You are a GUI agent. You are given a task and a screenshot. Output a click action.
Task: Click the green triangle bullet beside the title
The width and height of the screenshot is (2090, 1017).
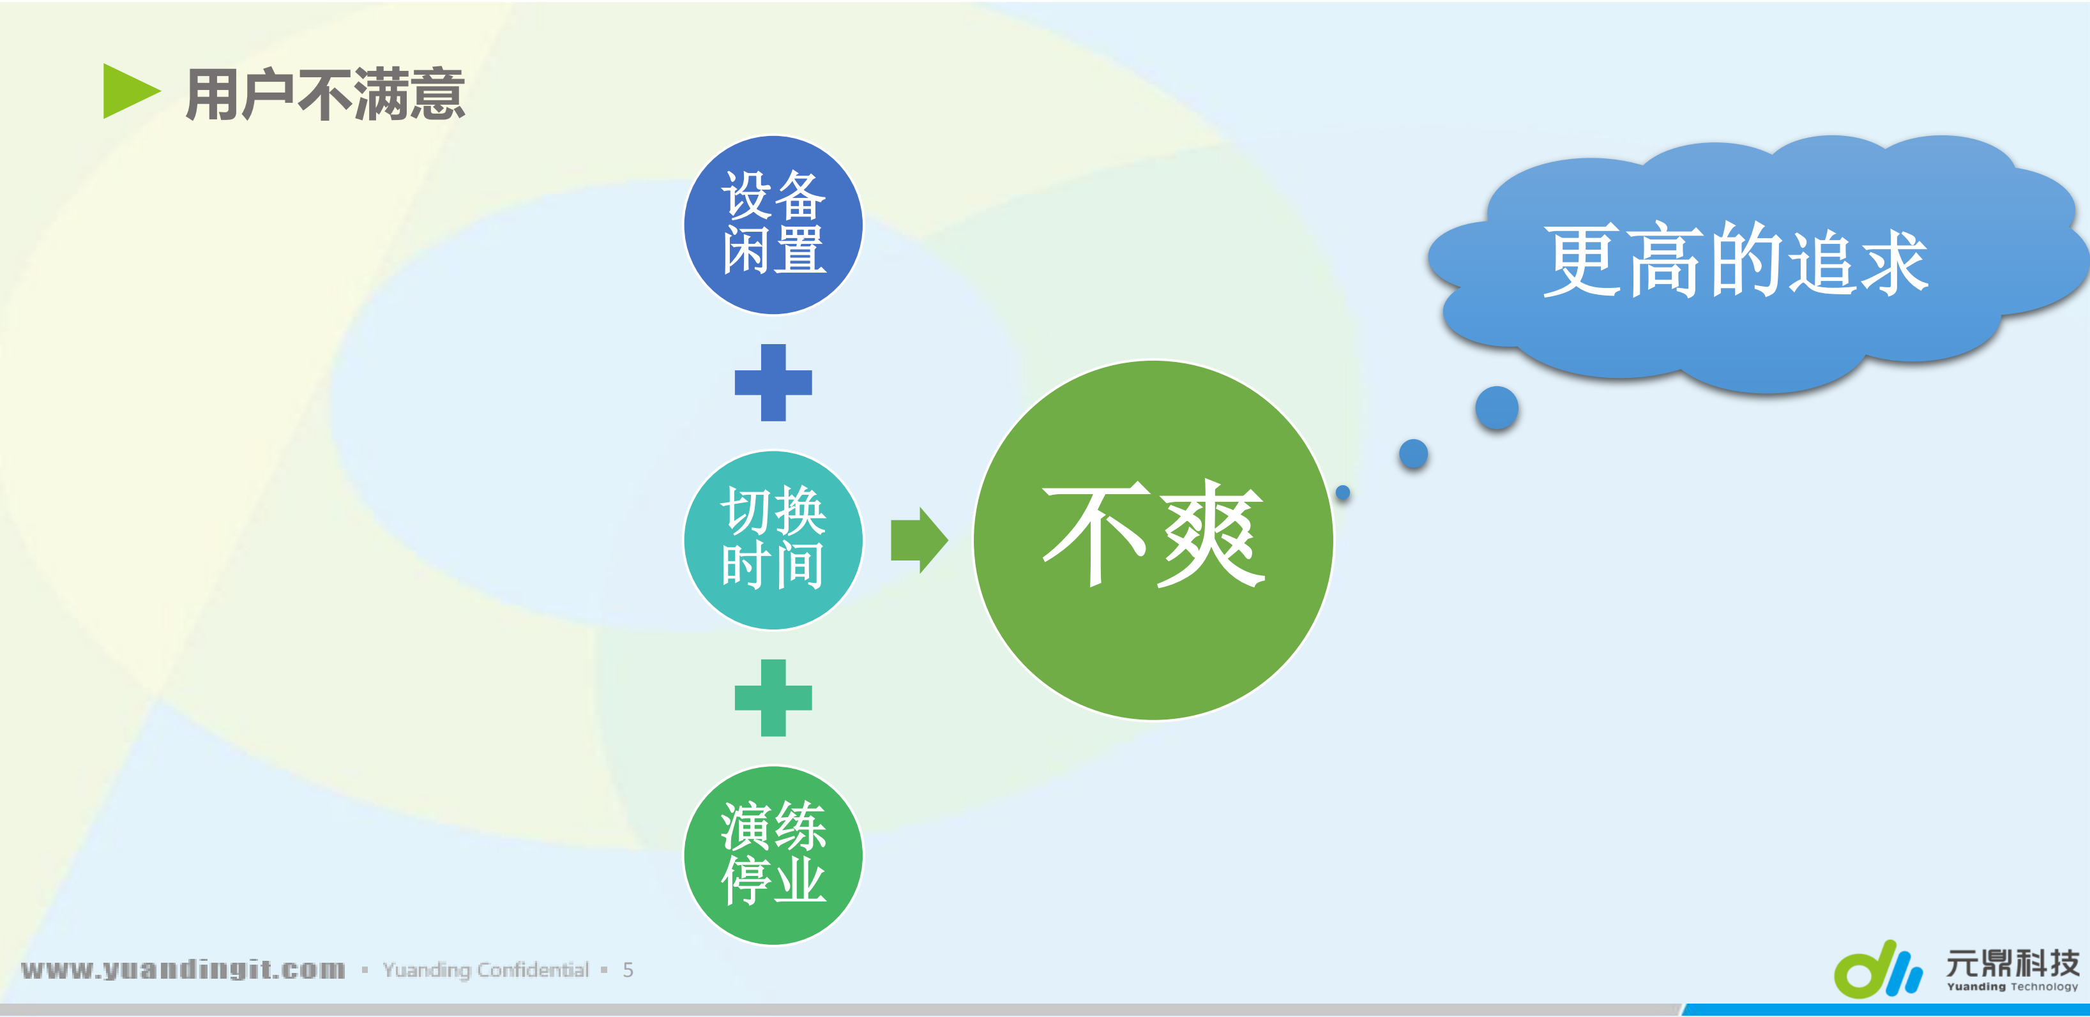tap(128, 92)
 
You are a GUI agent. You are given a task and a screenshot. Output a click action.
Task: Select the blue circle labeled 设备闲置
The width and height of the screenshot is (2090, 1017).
tap(773, 225)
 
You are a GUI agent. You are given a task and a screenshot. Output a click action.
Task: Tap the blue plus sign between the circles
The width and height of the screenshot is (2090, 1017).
tap(773, 383)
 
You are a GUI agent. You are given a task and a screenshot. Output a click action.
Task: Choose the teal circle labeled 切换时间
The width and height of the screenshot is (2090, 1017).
tap(773, 539)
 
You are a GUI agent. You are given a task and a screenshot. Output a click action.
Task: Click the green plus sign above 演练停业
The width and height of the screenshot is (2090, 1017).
tap(773, 697)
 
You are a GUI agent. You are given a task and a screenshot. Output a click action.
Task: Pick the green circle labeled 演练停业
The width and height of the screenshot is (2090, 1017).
tap(773, 855)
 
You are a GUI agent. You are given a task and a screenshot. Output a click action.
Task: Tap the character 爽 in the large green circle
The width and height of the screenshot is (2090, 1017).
tap(1213, 534)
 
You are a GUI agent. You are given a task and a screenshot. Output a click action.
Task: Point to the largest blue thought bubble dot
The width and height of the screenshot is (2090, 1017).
tap(1496, 408)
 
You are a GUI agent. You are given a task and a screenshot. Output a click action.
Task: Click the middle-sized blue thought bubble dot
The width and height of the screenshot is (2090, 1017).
tap(1413, 453)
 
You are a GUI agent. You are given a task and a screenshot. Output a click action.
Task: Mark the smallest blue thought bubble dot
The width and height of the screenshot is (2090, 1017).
tap(1343, 492)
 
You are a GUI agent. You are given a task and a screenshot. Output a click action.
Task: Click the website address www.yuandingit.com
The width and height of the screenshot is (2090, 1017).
tap(183, 969)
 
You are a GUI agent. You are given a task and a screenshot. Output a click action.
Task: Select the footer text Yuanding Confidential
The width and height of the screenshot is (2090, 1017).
tap(485, 970)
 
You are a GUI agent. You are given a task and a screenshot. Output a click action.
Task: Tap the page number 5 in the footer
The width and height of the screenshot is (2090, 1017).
tap(628, 970)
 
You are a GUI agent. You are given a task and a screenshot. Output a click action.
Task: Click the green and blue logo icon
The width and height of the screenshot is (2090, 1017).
tap(1877, 968)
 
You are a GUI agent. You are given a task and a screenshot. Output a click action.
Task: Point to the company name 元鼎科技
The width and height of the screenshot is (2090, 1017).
tap(2012, 963)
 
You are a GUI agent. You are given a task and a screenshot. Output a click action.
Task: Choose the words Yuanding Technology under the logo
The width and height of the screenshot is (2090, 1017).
tap(2012, 987)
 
